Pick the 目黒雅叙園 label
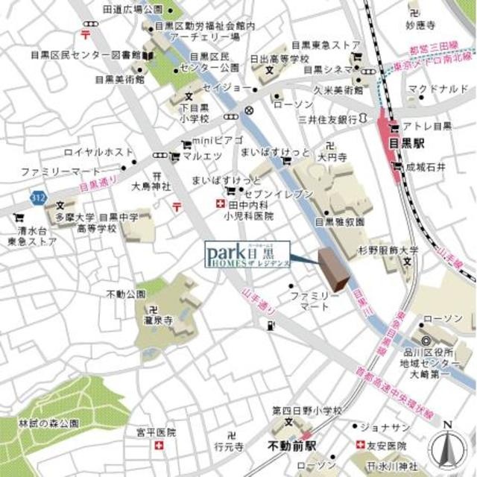(340, 221)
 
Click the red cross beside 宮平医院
(158, 446)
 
